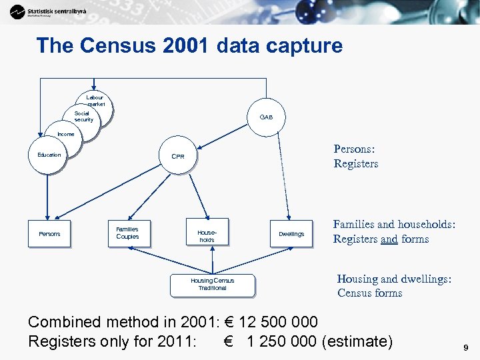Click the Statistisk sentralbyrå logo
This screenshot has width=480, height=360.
click(x=47, y=11)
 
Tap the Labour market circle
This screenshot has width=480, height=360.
click(x=95, y=101)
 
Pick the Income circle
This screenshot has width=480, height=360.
click(x=65, y=135)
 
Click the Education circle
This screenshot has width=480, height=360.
click(x=49, y=155)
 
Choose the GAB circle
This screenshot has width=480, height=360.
click(x=266, y=117)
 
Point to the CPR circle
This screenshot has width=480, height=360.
click(x=178, y=157)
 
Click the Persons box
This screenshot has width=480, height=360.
click(x=49, y=234)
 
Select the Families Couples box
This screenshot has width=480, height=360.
click(x=128, y=233)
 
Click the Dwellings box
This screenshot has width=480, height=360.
click(x=291, y=234)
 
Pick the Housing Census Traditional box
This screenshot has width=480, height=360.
click(x=212, y=284)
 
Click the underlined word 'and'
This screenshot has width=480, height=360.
click(x=389, y=239)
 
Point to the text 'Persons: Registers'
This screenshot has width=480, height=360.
click(x=356, y=157)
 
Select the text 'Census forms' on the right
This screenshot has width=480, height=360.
click(x=369, y=293)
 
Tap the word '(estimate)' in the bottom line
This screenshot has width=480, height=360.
click(x=357, y=341)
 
